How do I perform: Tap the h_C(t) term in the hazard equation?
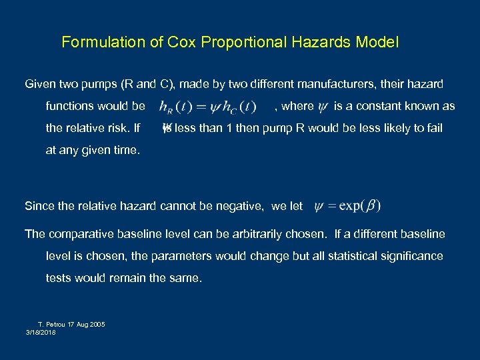[239, 107]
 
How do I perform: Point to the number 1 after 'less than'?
[230, 128]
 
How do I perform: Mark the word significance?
[411, 256]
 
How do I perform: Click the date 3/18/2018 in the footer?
[41, 331]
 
